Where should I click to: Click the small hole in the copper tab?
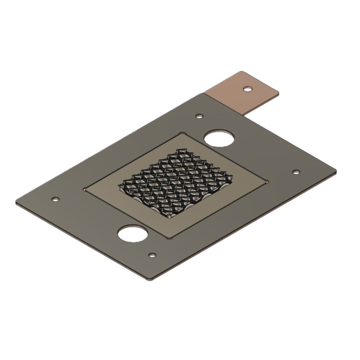[x=247, y=88]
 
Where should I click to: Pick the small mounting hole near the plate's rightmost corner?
[x=295, y=172]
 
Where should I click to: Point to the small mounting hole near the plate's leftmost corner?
[x=55, y=198]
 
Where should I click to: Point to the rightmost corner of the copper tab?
[x=280, y=92]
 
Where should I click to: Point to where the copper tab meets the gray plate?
[x=225, y=104]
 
